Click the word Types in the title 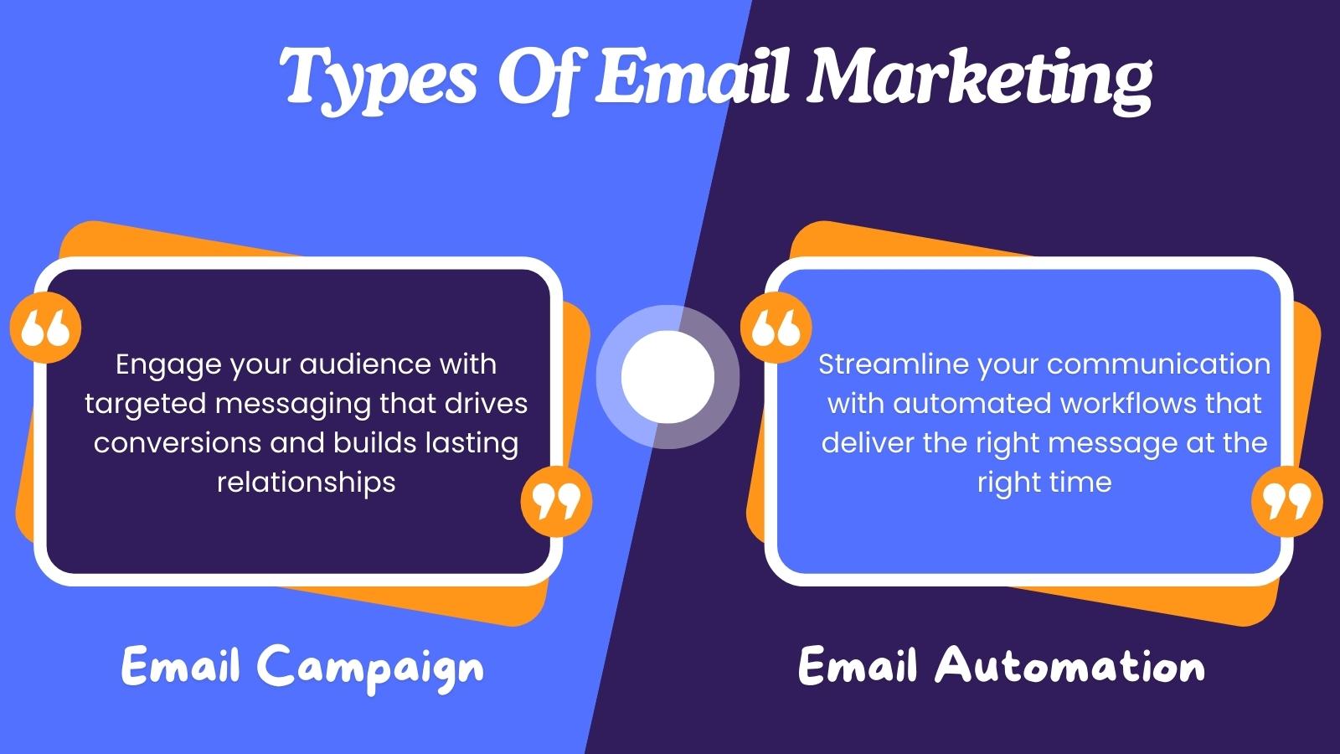coord(379,78)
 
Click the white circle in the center coord(667,376)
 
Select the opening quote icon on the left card coord(45,328)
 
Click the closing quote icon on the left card coord(556,501)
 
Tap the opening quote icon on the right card coord(776,328)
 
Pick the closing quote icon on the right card coord(1286,501)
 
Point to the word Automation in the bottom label coord(1070,666)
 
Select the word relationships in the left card coord(306,482)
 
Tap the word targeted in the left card coord(145,404)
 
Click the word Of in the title coord(536,78)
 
